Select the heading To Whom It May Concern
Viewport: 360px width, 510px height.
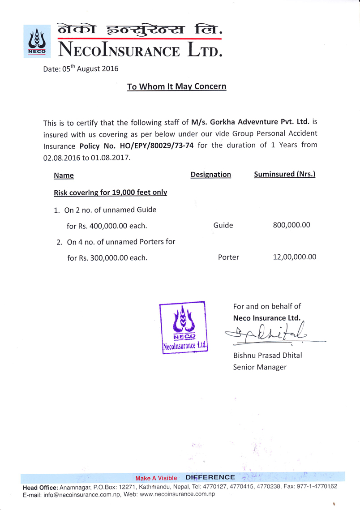[x=176, y=86]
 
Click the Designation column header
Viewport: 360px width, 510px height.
[x=210, y=175]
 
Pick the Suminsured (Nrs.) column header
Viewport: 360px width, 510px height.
[x=284, y=175]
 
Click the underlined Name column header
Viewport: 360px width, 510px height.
[x=64, y=176]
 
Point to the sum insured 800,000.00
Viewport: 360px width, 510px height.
[x=291, y=225]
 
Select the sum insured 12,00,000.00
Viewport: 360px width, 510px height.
[x=294, y=257]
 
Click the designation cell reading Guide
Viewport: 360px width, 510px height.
[x=223, y=225]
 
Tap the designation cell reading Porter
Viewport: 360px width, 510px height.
[x=228, y=257]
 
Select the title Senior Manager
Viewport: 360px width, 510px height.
[x=259, y=367]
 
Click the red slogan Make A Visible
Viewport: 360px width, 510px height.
[x=156, y=478]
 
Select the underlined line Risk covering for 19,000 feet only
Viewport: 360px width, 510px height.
[x=110, y=193]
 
